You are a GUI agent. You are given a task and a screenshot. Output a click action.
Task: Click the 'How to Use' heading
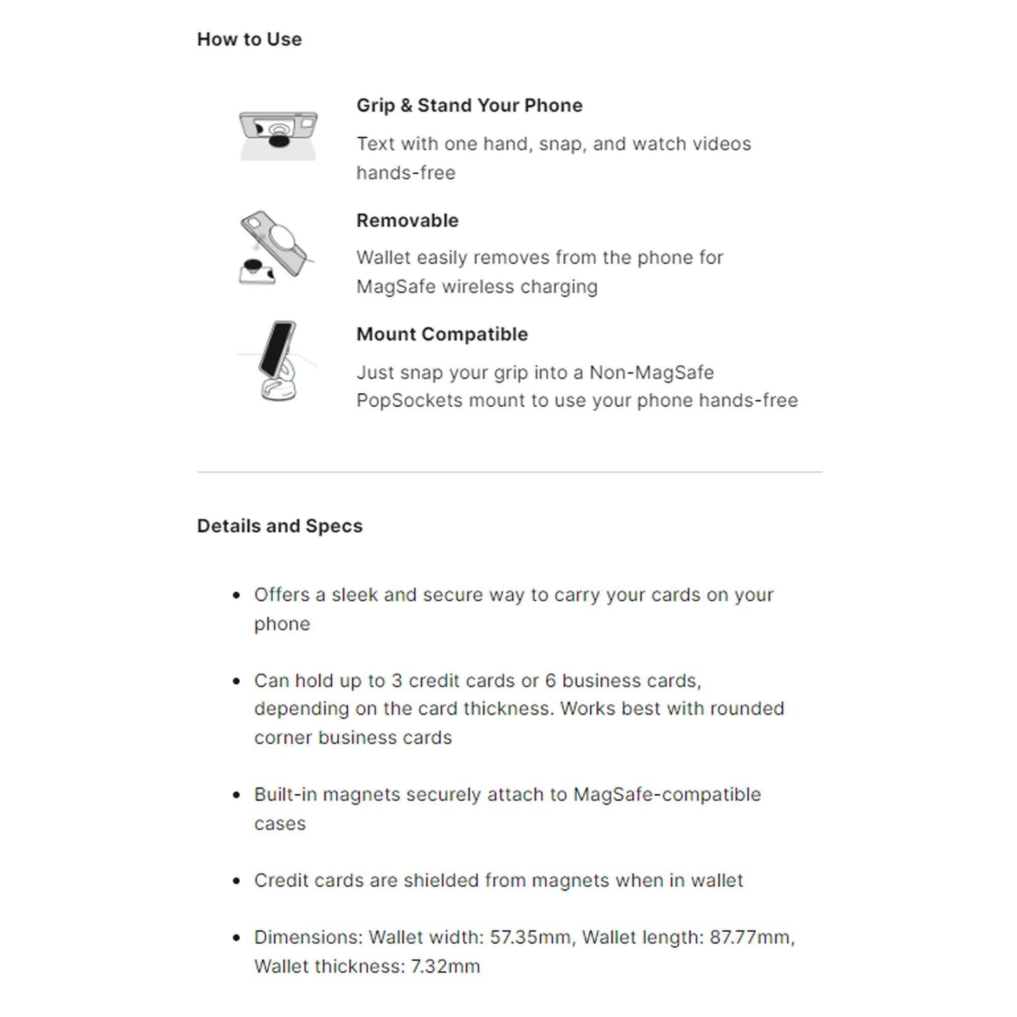[249, 39]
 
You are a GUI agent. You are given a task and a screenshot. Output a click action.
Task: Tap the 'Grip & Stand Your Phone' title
[469, 106]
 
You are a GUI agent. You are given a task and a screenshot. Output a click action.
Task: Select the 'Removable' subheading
[408, 220]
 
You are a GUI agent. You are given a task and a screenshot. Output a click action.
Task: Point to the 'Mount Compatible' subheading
[442, 334]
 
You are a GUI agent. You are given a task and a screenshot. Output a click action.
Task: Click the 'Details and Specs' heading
[279, 526]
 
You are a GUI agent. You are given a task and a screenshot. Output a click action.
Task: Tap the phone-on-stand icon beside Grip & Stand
[278, 135]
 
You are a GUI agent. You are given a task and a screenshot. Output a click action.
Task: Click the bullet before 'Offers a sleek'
[236, 595]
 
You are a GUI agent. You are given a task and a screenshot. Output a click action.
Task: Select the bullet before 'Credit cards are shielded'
[236, 881]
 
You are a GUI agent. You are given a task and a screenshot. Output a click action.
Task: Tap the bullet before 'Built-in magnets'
[236, 795]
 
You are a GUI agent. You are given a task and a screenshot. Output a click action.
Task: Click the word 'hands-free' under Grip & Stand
[405, 173]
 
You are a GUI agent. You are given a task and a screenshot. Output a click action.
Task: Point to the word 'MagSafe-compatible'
[667, 795]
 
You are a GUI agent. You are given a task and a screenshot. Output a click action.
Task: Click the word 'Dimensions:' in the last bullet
[308, 937]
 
